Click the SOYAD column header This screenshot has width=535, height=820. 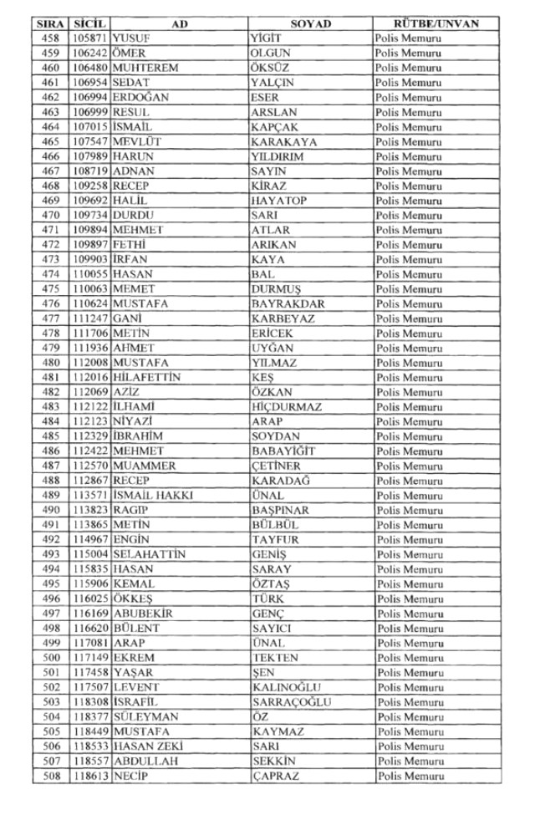click(310, 24)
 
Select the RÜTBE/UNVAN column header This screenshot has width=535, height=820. click(436, 24)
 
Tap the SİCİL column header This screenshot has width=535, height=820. click(89, 24)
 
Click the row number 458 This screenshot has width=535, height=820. click(50, 39)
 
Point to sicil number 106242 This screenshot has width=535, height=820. click(89, 53)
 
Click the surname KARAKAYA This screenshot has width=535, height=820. click(283, 142)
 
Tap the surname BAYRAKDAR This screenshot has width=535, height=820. click(288, 303)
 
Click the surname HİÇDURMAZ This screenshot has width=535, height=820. click(288, 406)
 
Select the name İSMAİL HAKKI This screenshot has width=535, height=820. click(153, 495)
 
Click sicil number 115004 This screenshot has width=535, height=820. click(89, 554)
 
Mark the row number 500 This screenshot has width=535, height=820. click(50, 657)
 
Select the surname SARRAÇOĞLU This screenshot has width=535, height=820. click(291, 701)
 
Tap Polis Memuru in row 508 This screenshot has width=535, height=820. click(410, 775)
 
